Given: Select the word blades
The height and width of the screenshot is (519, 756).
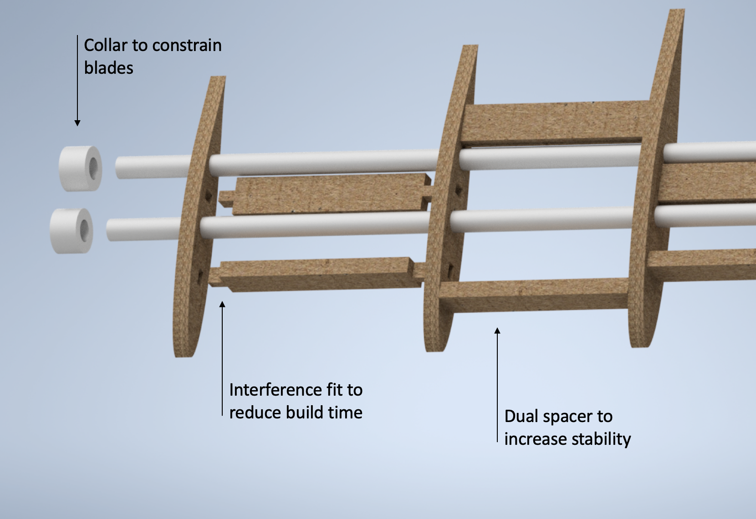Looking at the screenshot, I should click(x=109, y=68).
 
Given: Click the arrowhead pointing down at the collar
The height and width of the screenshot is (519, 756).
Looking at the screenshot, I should click(x=77, y=123).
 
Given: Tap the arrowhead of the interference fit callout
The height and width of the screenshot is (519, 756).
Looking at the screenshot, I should click(x=222, y=304).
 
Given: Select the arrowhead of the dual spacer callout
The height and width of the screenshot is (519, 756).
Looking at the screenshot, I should click(x=497, y=331).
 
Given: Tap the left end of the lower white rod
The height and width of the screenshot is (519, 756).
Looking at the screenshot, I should click(x=110, y=229).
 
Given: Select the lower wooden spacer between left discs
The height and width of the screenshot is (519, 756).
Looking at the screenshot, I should click(x=319, y=274).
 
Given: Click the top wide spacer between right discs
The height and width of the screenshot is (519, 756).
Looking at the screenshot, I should click(x=556, y=121).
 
